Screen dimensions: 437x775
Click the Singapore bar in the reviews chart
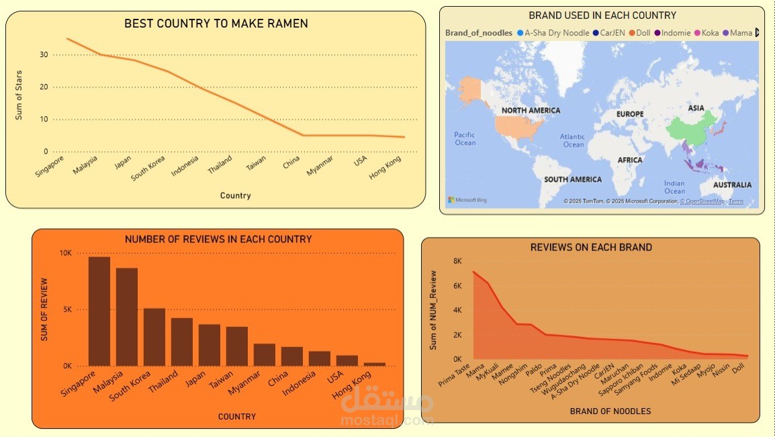(99, 311)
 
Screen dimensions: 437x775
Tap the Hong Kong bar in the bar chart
(375, 364)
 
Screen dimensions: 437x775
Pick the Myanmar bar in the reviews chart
(264, 354)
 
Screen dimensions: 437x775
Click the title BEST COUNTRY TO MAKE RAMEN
(216, 23)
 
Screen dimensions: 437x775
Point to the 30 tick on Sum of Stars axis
(44, 55)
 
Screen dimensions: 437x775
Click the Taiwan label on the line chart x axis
(256, 164)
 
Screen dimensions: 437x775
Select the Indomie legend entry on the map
(672, 33)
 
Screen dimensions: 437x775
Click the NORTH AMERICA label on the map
(531, 111)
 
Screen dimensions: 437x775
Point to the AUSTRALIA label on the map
(732, 185)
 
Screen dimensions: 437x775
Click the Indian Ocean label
(674, 187)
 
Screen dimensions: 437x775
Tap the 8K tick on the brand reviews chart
(457, 261)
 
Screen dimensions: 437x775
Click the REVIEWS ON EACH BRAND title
(591, 247)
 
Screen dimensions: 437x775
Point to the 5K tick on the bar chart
(66, 309)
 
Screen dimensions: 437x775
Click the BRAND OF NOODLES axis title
(610, 411)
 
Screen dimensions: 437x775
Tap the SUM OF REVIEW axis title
(45, 309)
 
